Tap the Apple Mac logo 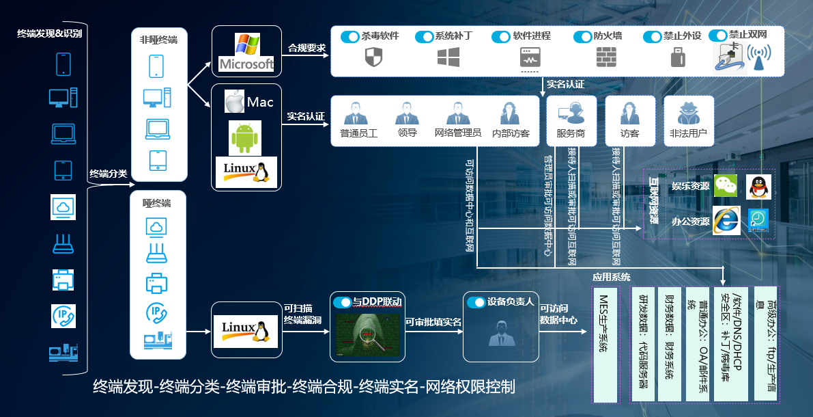pos(235,103)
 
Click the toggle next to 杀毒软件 pos(350,36)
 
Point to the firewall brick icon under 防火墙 pos(606,58)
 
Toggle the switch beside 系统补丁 pos(424,36)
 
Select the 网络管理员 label pos(457,133)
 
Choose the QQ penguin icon pos(758,186)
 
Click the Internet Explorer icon pos(726,220)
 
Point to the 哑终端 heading pos(157,203)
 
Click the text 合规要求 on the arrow pos(306,48)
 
